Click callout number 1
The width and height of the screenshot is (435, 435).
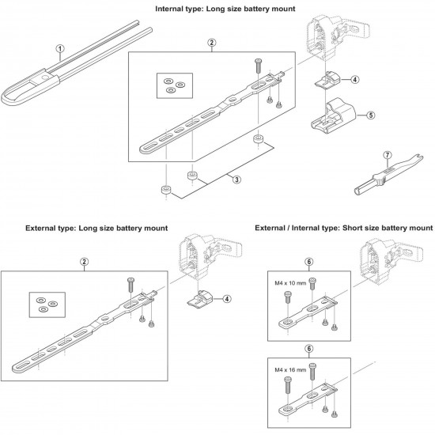coord(60,49)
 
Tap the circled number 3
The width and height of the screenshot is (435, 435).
coord(236,180)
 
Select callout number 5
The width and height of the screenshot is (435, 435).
coord(371,115)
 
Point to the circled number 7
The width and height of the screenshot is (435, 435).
coord(388,155)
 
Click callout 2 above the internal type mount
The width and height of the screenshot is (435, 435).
coord(212,43)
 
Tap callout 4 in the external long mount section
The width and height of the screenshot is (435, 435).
coord(227,299)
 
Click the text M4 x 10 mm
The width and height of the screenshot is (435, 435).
coord(290,283)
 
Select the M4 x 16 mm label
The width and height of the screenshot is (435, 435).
coord(290,370)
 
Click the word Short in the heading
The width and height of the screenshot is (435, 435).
coord(352,228)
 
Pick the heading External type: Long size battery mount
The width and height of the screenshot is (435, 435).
coord(96,229)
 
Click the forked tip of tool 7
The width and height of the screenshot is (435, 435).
coord(421,157)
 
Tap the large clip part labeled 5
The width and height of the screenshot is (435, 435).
coord(334,115)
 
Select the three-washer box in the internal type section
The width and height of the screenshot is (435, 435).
coord(175,85)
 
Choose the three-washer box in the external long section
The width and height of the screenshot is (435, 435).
coord(47,304)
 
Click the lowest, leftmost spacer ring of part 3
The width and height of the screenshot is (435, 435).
coord(166,190)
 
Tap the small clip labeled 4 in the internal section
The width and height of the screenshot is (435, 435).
coord(327,80)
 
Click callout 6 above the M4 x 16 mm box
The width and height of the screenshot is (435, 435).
coord(309,349)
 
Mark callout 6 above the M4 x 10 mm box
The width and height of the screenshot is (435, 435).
coord(309,262)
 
